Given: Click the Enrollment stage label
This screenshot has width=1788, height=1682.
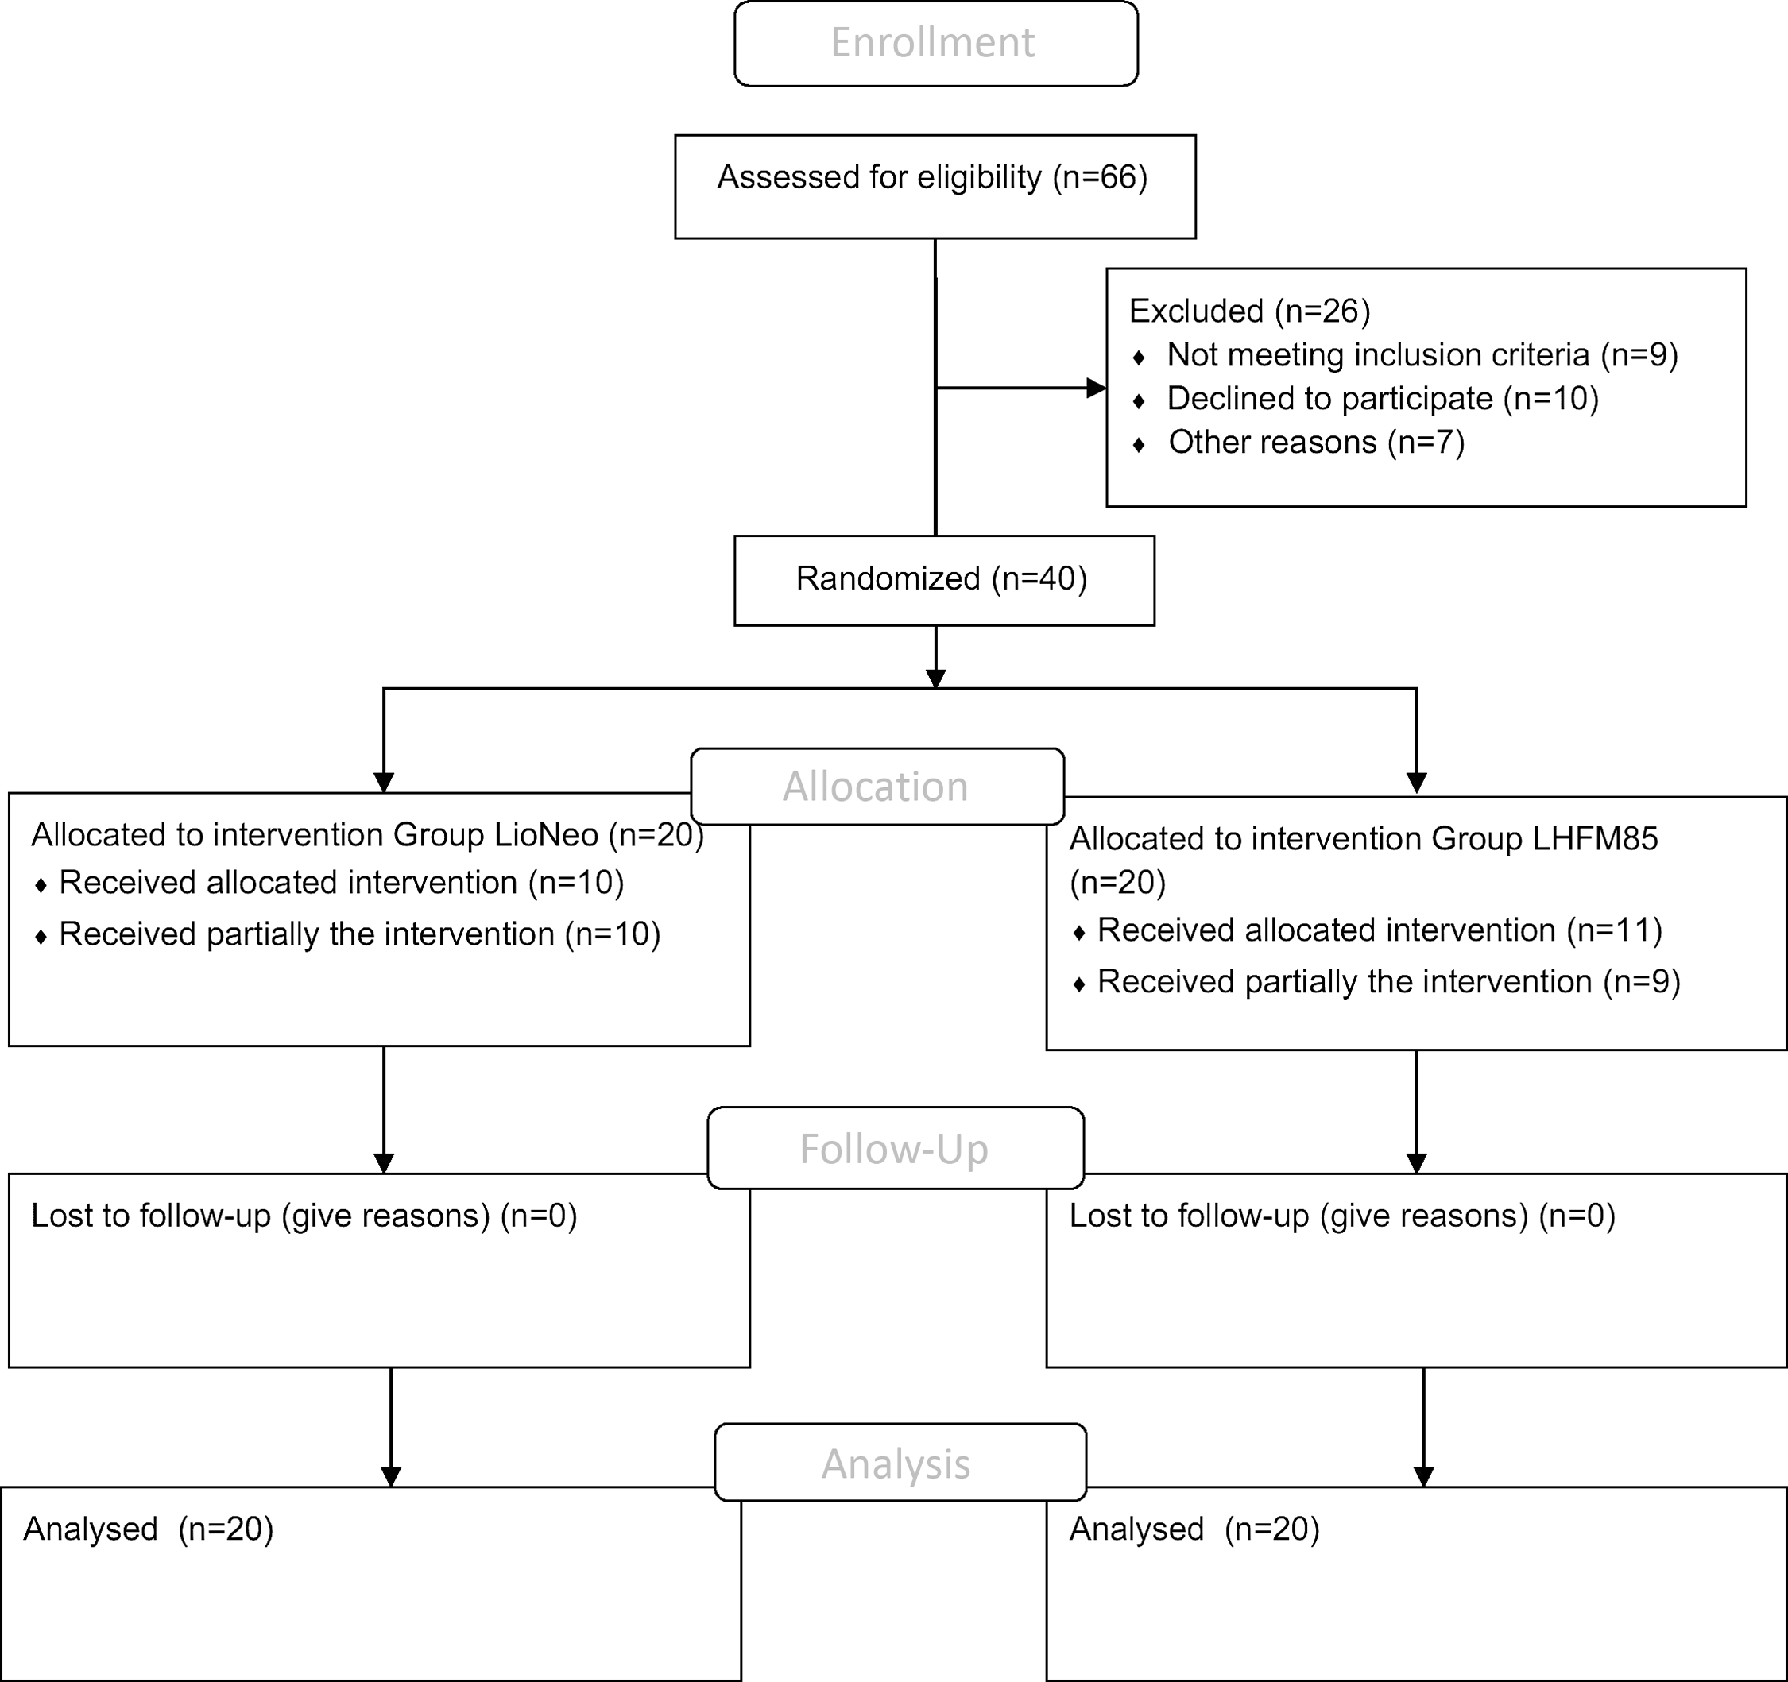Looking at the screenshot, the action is tap(933, 43).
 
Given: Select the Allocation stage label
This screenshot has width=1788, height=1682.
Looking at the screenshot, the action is tap(875, 787).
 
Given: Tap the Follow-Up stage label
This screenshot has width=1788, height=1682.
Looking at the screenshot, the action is tap(894, 1150).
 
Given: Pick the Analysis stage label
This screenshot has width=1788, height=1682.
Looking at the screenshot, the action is tap(896, 1464).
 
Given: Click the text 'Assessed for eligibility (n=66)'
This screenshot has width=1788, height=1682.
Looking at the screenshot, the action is tap(933, 177).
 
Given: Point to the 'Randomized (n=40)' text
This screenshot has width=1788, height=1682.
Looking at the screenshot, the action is tap(942, 578).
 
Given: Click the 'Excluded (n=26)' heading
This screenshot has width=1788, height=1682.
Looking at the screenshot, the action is tap(1249, 311).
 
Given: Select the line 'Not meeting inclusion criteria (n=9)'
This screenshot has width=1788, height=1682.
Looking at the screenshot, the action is tap(1422, 355).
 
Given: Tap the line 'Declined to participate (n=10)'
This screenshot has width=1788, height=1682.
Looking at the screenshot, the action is tap(1383, 399).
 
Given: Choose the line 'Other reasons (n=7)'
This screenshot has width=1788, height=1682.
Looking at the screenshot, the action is tap(1317, 443).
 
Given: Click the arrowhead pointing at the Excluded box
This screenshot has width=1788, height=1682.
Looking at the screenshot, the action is tap(1097, 389).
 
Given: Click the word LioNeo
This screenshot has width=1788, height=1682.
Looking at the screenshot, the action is tap(547, 836).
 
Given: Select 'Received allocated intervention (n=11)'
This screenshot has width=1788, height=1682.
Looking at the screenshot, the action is tap(1380, 931).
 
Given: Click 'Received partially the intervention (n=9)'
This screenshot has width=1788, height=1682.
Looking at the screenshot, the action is tap(1388, 982).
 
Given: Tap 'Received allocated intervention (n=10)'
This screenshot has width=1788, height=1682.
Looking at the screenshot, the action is tap(342, 884).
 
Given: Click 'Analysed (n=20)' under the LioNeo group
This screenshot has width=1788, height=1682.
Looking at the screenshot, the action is tap(149, 1529).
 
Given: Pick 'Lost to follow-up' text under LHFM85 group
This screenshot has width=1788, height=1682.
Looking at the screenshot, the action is tap(1188, 1216).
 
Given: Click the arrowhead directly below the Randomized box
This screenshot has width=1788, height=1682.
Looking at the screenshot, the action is tap(936, 679).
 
